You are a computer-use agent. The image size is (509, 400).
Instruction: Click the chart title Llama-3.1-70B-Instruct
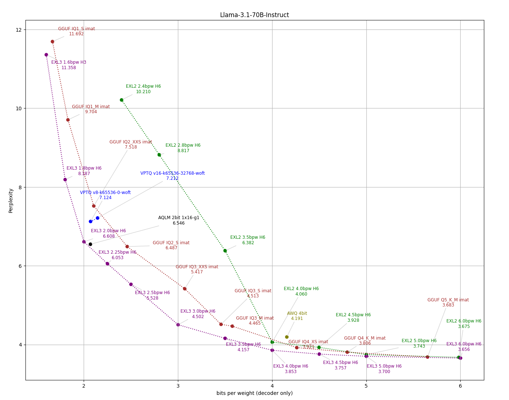tap(254, 15)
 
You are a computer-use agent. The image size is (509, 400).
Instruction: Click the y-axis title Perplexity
tap(11, 201)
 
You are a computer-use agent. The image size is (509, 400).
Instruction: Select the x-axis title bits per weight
tap(254, 393)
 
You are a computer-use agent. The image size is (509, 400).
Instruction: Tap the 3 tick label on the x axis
tap(178, 386)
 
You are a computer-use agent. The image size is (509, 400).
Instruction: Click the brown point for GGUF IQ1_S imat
tap(52, 42)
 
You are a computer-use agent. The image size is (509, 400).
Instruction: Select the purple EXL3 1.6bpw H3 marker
tap(46, 55)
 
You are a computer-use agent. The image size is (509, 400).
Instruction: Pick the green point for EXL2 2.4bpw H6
tap(122, 100)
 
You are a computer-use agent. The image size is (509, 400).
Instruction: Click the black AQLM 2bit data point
tap(90, 244)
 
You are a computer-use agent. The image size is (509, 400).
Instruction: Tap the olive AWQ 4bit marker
tap(287, 337)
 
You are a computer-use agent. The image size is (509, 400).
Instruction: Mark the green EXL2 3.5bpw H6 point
tap(225, 251)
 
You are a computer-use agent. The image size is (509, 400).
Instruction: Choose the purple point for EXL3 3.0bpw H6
tap(178, 325)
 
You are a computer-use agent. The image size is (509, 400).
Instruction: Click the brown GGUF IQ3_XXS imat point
tap(184, 289)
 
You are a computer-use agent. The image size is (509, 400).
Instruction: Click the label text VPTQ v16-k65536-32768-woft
tap(172, 173)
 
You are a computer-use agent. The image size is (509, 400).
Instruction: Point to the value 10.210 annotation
tap(143, 92)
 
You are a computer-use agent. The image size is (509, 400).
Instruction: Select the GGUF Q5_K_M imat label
tap(448, 300)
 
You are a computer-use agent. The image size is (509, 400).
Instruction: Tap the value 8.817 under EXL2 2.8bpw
tap(183, 151)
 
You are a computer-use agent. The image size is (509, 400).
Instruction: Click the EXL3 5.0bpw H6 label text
tap(384, 366)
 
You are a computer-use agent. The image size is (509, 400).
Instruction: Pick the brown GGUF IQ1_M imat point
tap(68, 120)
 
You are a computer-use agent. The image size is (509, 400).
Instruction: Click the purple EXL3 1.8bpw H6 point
tap(65, 179)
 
